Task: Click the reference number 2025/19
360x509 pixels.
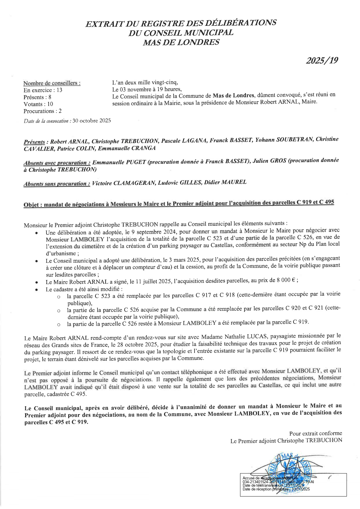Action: [322, 60]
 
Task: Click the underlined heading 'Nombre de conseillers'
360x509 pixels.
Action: [52, 83]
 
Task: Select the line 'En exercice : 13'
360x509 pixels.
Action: [43, 90]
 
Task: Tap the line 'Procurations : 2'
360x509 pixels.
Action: [42, 111]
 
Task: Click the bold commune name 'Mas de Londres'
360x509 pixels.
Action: [233, 95]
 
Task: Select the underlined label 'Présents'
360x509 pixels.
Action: [34, 142]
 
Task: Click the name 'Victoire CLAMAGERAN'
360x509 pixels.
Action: [123, 183]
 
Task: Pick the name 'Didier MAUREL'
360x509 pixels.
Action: [225, 182]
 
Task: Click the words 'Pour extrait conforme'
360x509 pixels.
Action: [316, 433]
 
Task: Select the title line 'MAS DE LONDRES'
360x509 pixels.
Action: [181, 42]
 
